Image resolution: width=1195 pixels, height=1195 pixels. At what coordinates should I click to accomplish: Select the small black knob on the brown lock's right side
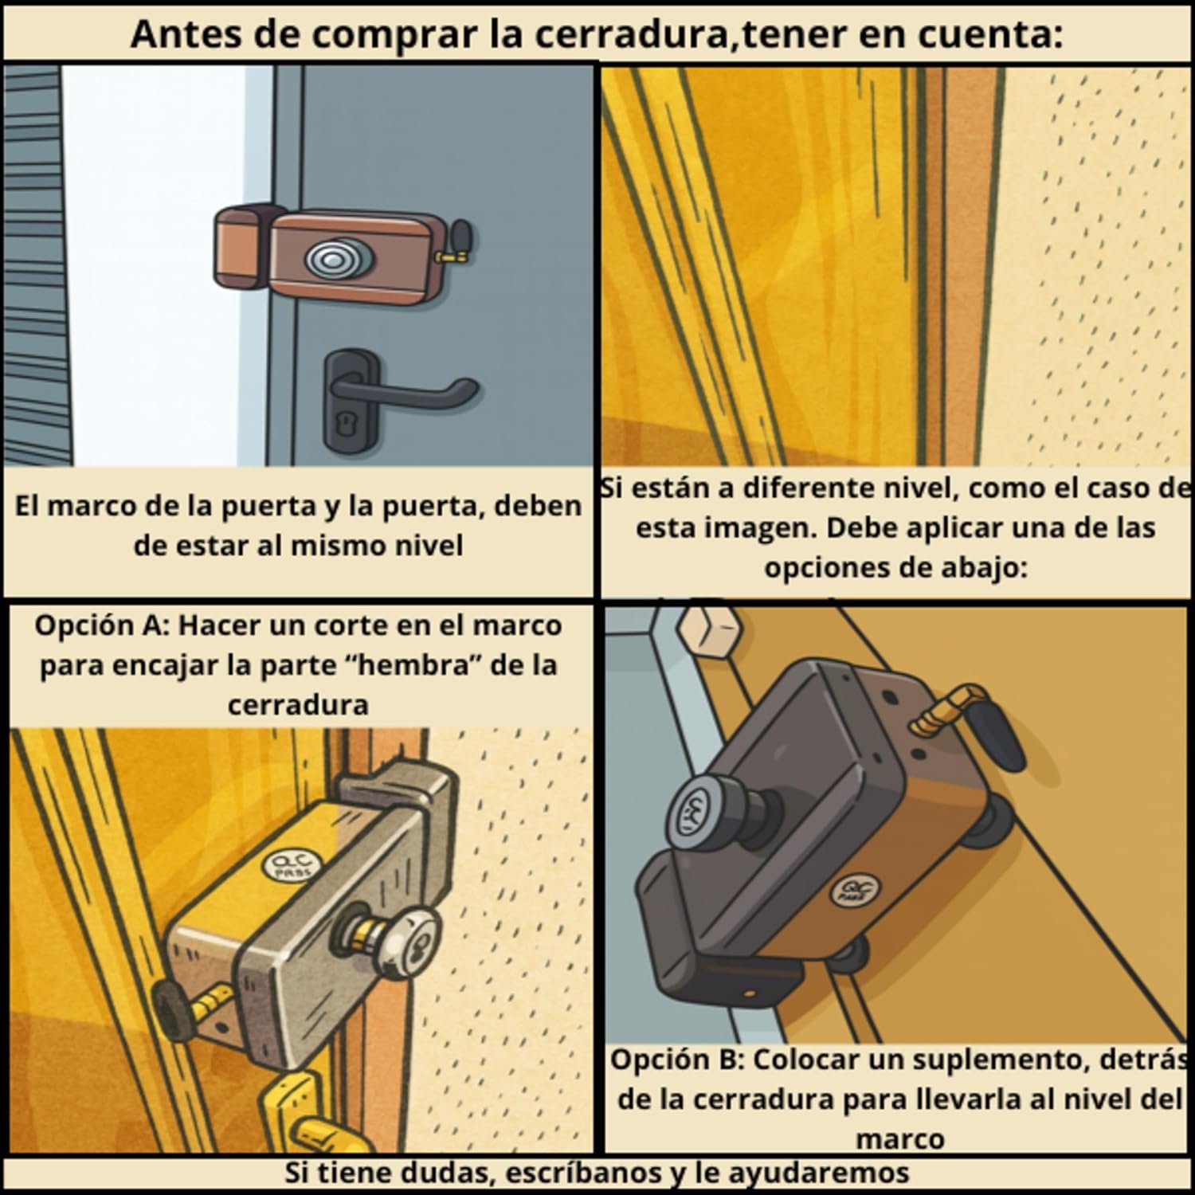pyautogui.click(x=461, y=237)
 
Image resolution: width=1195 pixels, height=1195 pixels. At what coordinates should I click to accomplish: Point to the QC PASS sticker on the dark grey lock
pyautogui.click(x=847, y=887)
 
